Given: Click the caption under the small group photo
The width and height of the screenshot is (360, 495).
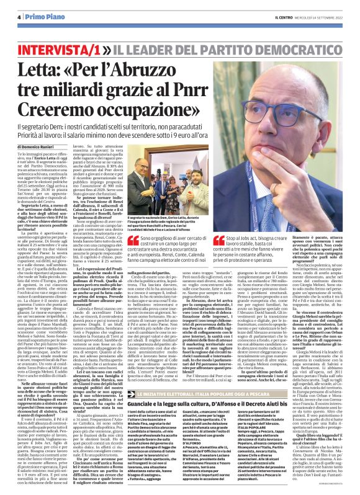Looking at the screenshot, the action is click(158, 221).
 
